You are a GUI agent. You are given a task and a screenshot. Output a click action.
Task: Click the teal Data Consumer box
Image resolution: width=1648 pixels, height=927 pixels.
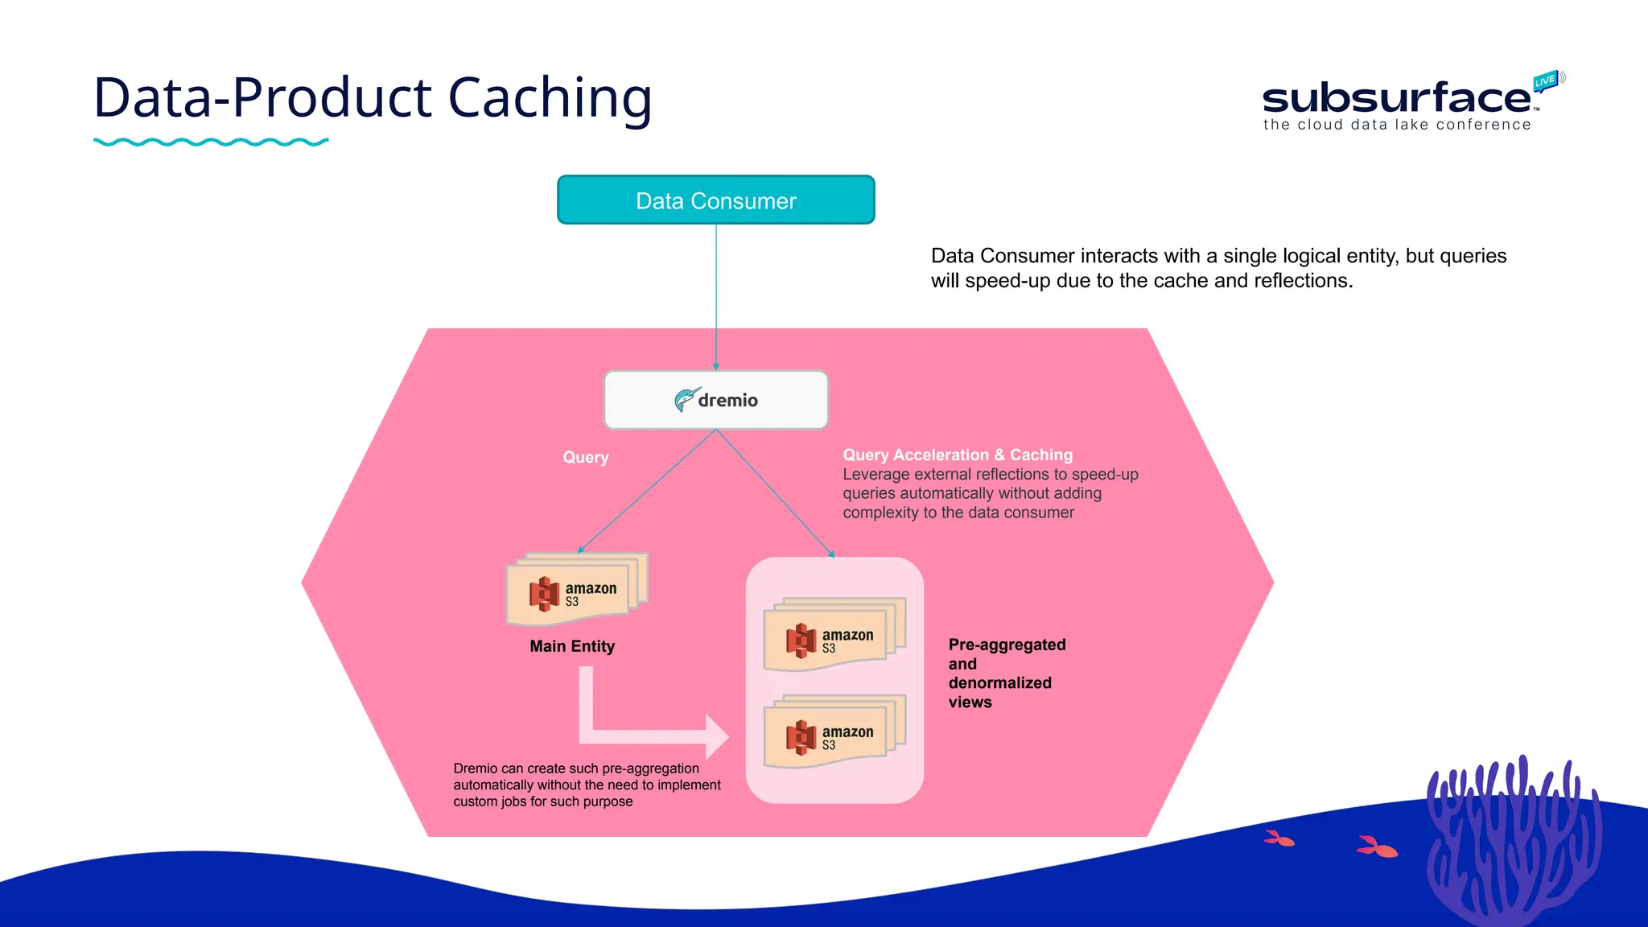715,200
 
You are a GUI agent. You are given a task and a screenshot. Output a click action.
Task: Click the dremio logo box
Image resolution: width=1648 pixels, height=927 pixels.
715,400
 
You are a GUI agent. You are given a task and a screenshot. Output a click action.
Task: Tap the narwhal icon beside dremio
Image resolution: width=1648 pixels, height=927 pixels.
685,399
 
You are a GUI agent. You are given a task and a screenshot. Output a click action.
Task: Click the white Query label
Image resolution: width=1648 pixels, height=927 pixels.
585,457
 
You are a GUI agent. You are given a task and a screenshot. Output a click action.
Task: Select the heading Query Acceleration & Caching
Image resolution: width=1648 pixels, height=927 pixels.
957,455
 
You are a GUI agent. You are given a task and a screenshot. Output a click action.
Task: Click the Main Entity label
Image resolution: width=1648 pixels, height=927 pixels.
572,646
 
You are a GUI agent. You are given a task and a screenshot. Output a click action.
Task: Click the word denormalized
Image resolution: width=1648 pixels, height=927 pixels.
999,682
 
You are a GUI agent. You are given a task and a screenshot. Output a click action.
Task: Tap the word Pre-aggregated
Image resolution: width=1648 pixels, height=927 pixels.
1007,645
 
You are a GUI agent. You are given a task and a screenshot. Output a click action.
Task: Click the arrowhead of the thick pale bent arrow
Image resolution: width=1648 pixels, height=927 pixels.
716,736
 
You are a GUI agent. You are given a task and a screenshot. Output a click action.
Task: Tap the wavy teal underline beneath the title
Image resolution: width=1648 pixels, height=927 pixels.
211,142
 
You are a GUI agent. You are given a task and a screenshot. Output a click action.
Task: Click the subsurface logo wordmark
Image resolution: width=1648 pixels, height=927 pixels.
1395,99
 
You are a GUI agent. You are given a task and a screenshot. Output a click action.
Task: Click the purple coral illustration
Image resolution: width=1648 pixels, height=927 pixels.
1513,845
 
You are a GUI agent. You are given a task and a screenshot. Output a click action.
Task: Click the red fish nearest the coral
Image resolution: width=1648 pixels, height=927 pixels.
1377,847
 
